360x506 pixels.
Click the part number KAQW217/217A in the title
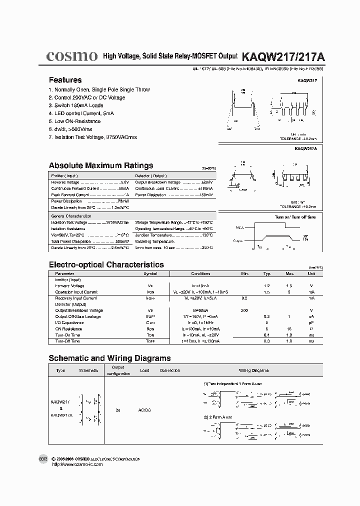click(283, 57)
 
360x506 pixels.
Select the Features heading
click(65, 80)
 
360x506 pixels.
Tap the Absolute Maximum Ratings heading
click(100, 165)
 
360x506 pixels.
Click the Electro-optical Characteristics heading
click(106, 264)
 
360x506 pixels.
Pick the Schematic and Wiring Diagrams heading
click(109, 358)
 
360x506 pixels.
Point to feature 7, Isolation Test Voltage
click(92, 137)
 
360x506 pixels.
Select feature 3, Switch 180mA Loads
click(75, 105)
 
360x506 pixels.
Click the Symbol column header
click(150, 274)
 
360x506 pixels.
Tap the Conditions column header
click(200, 274)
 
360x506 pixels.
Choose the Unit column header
click(311, 274)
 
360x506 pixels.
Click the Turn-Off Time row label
click(67, 341)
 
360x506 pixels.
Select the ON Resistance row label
click(68, 329)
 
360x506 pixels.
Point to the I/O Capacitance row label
click(69, 322)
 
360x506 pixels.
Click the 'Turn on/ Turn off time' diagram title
click(295, 217)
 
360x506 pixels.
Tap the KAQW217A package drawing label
click(305, 148)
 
